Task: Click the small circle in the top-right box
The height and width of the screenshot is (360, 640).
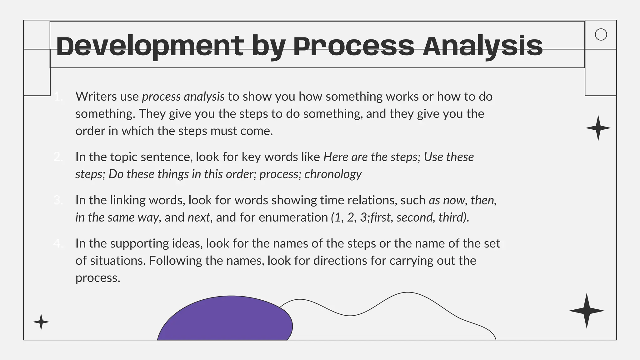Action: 601,34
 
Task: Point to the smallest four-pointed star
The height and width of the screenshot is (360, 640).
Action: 41,322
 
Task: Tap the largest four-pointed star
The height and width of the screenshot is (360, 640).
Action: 587,311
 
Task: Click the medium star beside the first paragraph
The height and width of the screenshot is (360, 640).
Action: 598,128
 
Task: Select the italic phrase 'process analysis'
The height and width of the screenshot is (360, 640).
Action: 183,97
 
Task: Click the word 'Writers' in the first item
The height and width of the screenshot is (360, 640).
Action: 96,97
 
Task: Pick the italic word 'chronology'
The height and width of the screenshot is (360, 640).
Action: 333,174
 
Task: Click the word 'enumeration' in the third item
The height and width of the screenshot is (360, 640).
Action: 293,217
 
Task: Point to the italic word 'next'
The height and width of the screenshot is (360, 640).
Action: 199,217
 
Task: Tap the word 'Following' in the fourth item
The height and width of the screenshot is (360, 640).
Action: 175,261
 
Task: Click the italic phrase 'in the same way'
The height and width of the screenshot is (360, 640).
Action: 117,217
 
